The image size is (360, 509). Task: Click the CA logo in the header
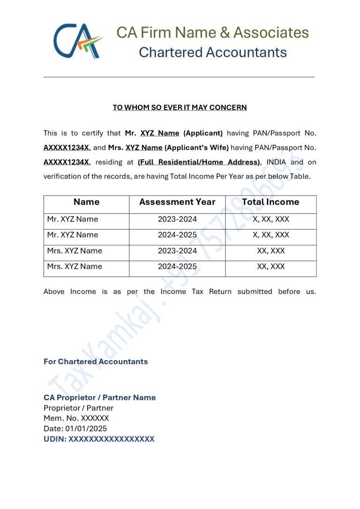pos(78,41)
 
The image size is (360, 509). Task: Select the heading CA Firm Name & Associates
pos(212,32)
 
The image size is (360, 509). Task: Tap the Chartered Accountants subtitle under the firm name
pos(212,52)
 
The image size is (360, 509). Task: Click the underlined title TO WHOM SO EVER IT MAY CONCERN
pos(180,107)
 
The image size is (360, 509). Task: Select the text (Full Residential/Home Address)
pos(200,162)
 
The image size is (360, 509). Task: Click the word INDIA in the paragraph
pos(276,162)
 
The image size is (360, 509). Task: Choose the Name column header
pos(86,202)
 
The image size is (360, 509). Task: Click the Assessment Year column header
pos(177,202)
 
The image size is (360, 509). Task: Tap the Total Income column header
pos(270,202)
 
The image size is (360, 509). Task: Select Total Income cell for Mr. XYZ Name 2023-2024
pos(270,219)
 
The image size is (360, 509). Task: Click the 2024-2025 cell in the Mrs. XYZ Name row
pos(177,267)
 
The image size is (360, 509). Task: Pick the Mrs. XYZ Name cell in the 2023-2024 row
pos(75,251)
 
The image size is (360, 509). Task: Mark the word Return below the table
pos(220,292)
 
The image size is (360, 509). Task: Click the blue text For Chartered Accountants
pos(96,361)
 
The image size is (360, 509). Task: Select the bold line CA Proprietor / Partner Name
pos(99,397)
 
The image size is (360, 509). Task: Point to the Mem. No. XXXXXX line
pos(76,418)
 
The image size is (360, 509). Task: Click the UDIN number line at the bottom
pos(99,439)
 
